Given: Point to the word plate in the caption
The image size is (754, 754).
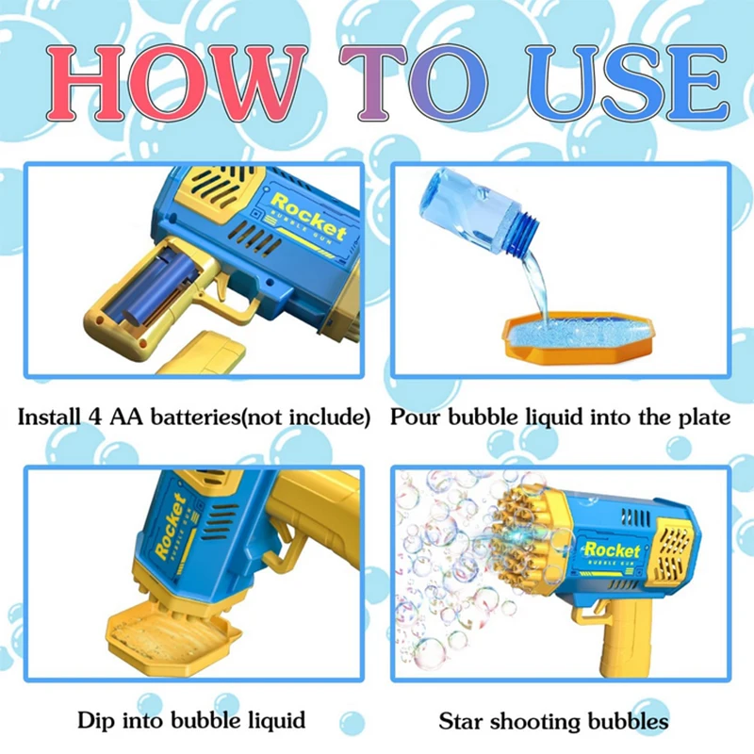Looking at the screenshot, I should [702, 417].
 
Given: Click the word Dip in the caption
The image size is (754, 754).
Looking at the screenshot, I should [98, 721].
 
